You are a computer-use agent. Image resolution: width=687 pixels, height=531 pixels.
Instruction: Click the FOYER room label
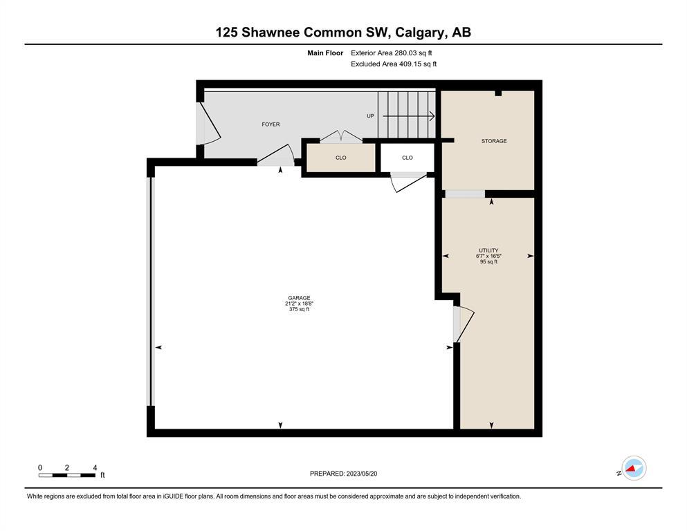(271, 124)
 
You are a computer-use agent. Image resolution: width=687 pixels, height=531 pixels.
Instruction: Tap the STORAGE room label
(494, 141)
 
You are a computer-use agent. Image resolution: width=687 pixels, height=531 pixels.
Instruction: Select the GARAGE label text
(300, 298)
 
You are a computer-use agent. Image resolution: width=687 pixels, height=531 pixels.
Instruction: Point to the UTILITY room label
(488, 250)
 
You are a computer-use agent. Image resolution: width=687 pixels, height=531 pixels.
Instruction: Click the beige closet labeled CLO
(341, 158)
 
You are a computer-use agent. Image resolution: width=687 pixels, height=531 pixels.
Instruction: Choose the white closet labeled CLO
(407, 158)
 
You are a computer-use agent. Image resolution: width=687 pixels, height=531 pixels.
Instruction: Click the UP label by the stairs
(370, 116)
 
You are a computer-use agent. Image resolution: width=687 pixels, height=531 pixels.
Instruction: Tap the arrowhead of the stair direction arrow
(432, 116)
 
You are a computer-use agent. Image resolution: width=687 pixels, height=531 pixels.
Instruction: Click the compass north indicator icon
(634, 468)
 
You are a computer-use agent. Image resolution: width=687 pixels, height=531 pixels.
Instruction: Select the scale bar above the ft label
(67, 475)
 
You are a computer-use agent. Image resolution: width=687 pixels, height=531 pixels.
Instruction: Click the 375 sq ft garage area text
(300, 309)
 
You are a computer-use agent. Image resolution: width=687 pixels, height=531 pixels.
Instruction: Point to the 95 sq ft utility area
(488, 262)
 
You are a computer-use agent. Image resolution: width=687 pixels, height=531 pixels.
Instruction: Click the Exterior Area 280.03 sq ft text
(392, 53)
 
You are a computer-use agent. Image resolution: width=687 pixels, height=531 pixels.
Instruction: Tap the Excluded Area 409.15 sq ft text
(394, 64)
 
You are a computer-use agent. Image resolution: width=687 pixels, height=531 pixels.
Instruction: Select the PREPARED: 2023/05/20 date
(343, 474)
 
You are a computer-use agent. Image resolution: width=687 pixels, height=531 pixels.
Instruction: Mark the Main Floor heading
(325, 53)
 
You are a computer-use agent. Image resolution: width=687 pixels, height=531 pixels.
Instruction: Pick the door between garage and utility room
(464, 325)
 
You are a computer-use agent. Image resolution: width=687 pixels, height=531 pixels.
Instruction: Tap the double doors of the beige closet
(341, 136)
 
